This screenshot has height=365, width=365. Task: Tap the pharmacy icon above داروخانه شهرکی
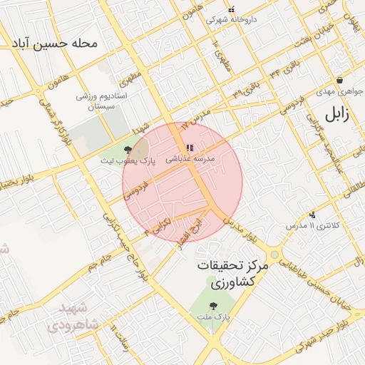click(231, 9)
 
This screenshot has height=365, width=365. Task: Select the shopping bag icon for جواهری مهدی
click(340, 81)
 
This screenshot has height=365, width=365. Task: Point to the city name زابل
click(337, 114)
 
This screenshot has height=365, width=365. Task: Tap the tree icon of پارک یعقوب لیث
click(127, 149)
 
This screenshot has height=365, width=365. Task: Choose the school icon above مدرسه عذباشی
click(189, 148)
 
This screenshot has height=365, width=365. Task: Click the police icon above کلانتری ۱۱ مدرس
click(312, 214)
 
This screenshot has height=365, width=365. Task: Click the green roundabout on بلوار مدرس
click(274, 254)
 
